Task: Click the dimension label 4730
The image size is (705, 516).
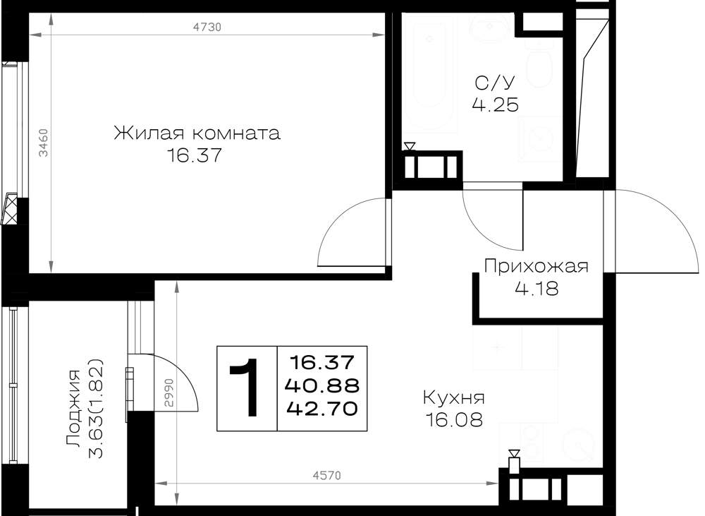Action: [207, 28]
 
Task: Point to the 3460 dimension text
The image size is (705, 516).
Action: [43, 143]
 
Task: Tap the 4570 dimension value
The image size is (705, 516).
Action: [327, 475]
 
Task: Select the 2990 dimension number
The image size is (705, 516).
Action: [169, 393]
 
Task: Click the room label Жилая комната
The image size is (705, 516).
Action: [197, 133]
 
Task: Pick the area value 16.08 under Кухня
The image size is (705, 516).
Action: [454, 420]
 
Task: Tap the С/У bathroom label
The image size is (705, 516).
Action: [495, 83]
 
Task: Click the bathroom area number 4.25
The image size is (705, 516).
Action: [496, 105]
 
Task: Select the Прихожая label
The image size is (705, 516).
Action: [536, 266]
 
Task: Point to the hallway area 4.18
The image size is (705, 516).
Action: [537, 288]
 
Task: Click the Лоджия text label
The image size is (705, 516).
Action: [73, 409]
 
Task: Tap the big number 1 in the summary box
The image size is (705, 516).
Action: [245, 388]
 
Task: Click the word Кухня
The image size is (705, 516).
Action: [454, 397]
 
